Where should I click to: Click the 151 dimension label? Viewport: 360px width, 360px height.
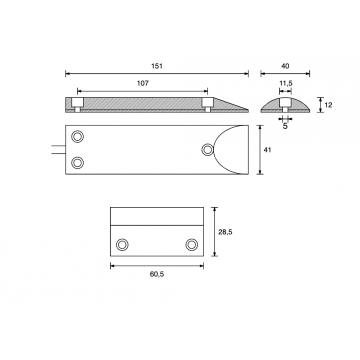tap(157, 66)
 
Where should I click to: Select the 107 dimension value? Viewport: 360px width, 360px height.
tap(143, 83)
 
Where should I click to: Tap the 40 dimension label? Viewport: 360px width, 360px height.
tap(285, 66)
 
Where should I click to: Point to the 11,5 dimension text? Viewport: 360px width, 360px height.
tap(285, 83)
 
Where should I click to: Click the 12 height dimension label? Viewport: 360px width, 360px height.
tap(328, 105)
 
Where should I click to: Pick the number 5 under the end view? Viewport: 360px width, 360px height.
tap(285, 126)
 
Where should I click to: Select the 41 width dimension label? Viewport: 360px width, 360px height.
tap(267, 150)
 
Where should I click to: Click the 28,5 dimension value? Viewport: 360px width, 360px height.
tap(225, 232)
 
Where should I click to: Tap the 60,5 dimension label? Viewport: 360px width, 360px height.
tap(157, 274)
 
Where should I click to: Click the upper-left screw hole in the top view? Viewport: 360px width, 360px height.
tap(78, 136)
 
